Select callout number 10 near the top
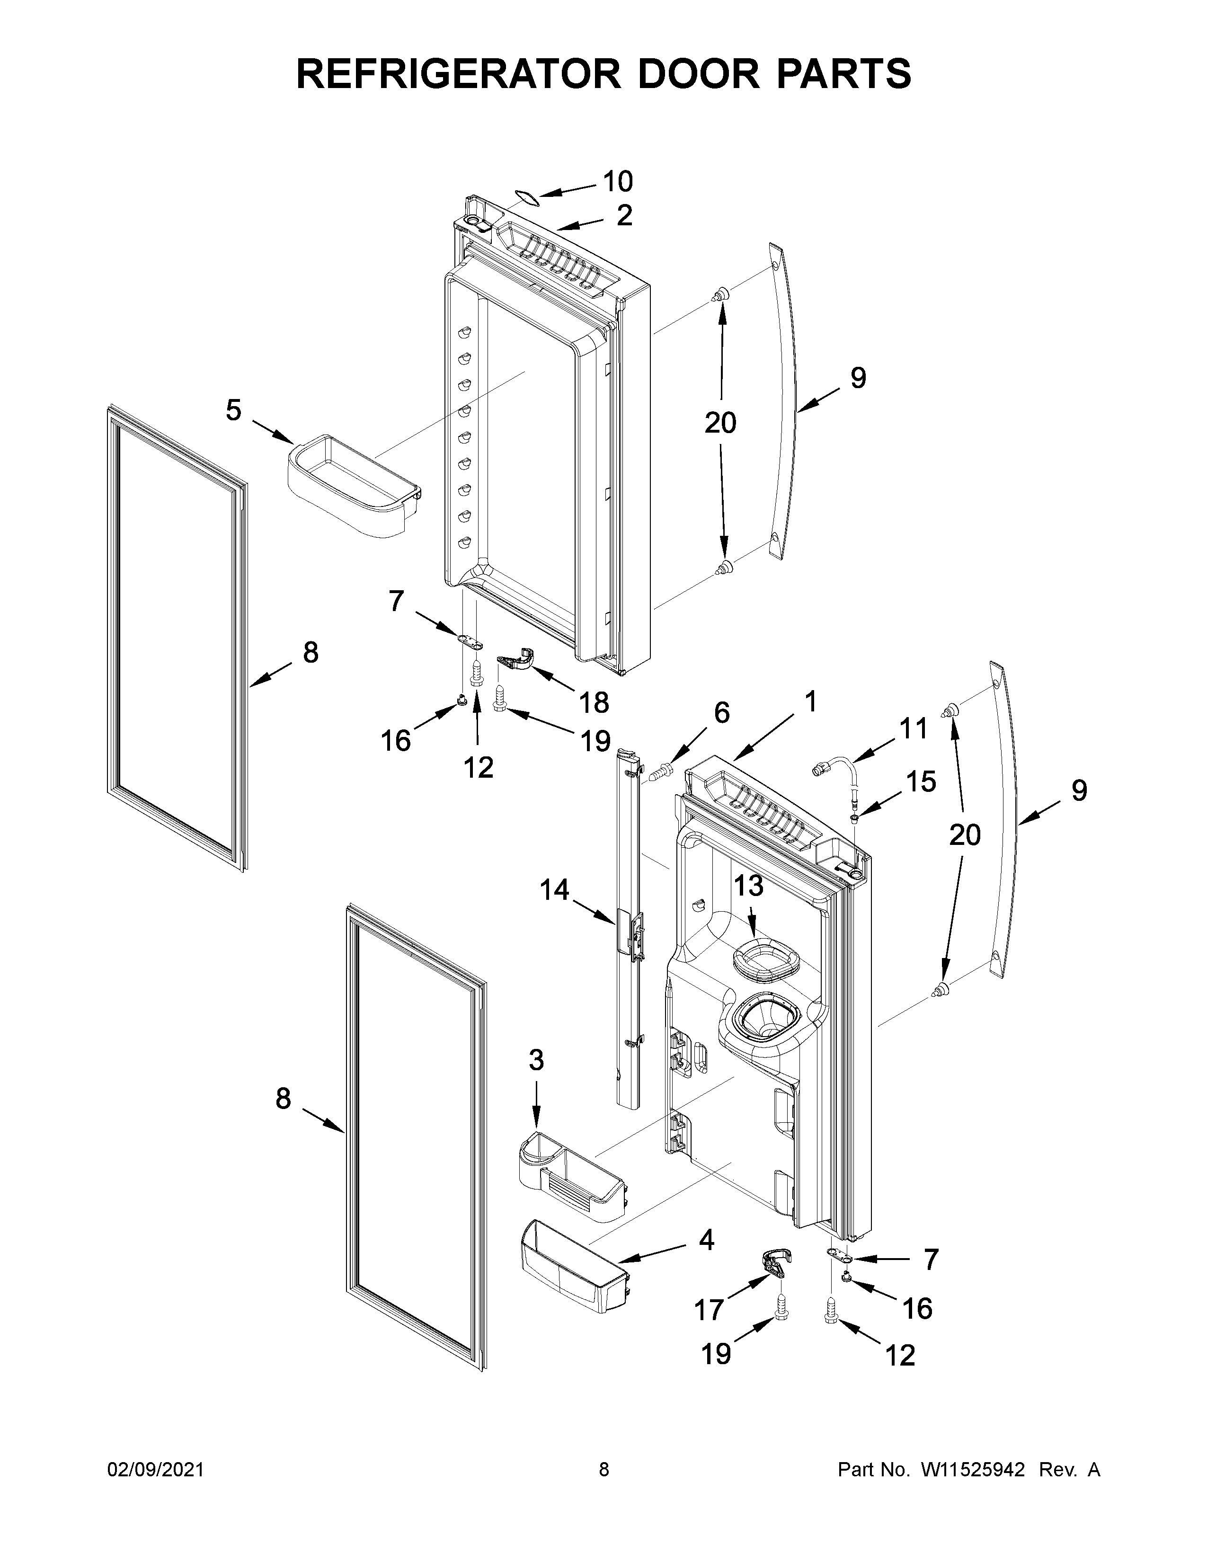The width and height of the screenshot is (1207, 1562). pyautogui.click(x=618, y=182)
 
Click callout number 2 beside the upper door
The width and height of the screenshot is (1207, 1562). pyautogui.click(x=624, y=215)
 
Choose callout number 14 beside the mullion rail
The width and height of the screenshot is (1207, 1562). pyautogui.click(x=554, y=890)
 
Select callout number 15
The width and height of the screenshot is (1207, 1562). pyautogui.click(x=921, y=782)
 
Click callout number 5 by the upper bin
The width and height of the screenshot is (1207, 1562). pyautogui.click(x=234, y=410)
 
